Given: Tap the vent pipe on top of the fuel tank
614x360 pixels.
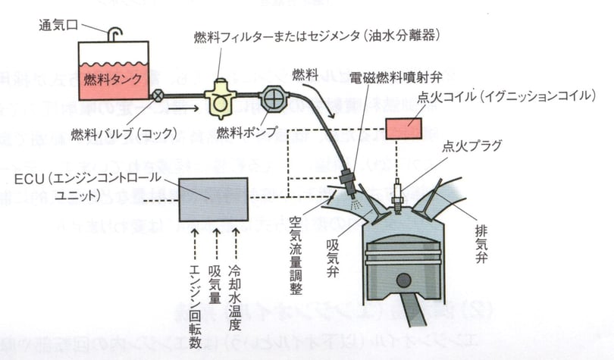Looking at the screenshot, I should click(x=114, y=34).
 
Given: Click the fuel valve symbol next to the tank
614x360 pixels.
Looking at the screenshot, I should click(x=158, y=95).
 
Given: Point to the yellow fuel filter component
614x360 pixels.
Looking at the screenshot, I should click(x=222, y=99).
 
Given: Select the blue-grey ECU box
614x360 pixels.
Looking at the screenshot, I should click(x=212, y=199).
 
